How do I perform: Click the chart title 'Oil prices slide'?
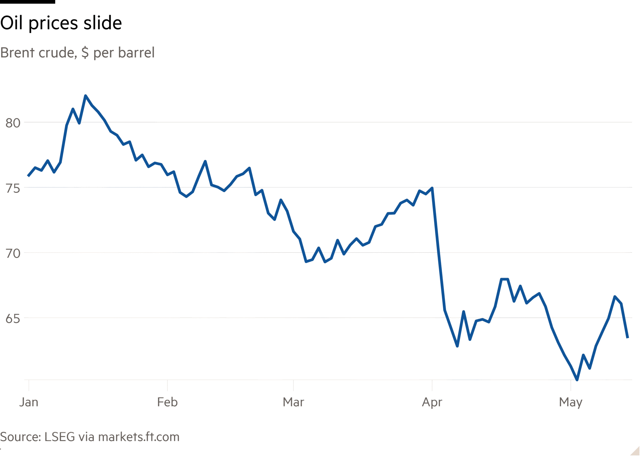[61, 23]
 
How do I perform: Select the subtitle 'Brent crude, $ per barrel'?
[77, 53]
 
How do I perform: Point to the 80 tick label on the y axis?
[13, 123]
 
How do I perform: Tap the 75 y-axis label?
[13, 188]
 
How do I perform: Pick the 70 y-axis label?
[13, 254]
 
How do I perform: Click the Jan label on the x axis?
[29, 402]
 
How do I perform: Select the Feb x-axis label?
[167, 402]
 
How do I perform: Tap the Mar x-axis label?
[293, 402]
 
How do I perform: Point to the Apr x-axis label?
[432, 402]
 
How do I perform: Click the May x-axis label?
[571, 402]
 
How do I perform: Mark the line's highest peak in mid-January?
[86, 96]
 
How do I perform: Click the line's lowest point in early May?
[577, 380]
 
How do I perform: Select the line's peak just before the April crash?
[432, 188]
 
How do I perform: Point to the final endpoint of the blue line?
[628, 337]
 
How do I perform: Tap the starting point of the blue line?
[28, 176]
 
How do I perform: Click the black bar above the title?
[27, 2]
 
